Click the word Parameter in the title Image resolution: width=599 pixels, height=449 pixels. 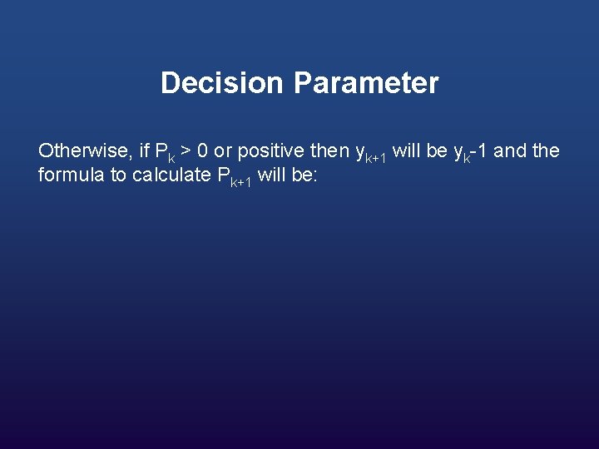point(365,83)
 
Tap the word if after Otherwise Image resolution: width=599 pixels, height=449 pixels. point(145,151)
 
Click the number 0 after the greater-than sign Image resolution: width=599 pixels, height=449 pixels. point(203,151)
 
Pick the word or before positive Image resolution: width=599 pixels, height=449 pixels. point(222,152)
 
